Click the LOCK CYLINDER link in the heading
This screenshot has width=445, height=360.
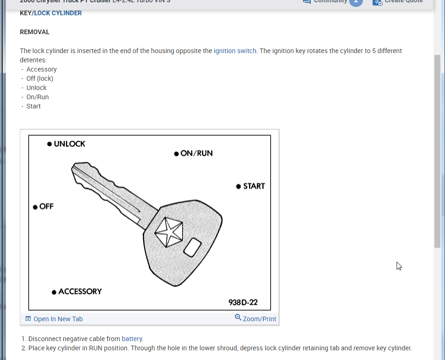coord(58,13)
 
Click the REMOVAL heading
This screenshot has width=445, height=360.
coord(35,32)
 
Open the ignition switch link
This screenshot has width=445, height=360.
coord(235,51)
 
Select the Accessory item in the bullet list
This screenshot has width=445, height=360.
coord(42,69)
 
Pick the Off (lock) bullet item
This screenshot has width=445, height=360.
coord(40,78)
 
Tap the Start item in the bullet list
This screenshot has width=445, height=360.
coord(34,106)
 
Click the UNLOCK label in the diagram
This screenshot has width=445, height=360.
coord(70,144)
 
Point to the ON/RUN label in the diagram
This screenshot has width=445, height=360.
coord(196,153)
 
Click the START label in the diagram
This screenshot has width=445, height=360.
coord(254,186)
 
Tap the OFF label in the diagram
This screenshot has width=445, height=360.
coord(47,206)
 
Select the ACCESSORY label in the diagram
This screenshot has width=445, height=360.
coord(80,292)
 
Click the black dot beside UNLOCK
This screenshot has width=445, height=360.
coord(49,144)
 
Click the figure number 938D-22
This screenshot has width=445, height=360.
coord(243,303)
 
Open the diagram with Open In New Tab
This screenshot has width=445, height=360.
coord(58,319)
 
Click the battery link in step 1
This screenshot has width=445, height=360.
coord(132,339)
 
